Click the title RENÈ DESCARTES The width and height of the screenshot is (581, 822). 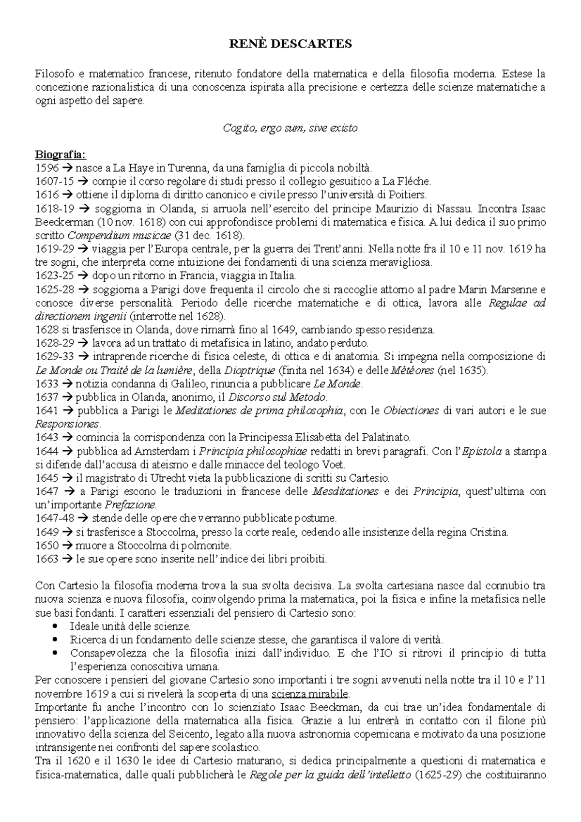click(290, 44)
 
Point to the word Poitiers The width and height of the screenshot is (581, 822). click(409, 195)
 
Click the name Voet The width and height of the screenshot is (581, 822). click(335, 465)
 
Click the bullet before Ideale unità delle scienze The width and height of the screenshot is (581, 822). click(54, 626)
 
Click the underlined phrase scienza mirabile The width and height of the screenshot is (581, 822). click(310, 692)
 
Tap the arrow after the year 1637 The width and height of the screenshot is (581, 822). click(67, 397)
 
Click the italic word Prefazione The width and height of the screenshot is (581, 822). click(132, 505)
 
